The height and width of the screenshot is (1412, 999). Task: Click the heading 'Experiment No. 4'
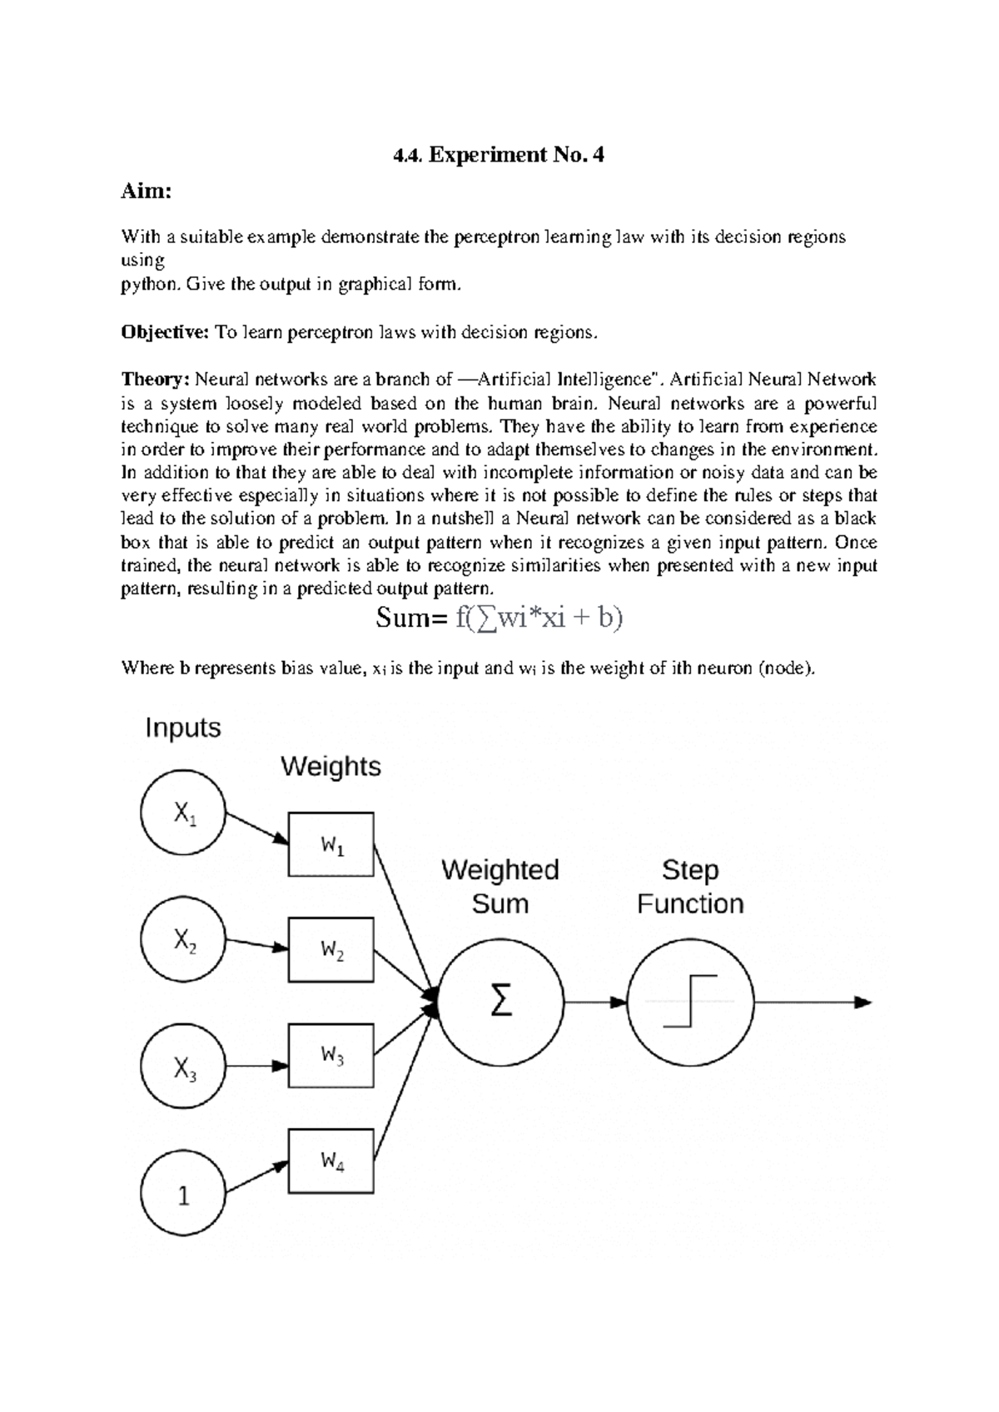[499, 155]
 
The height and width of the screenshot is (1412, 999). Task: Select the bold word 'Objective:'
[165, 333]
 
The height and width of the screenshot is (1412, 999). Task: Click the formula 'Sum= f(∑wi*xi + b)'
[499, 619]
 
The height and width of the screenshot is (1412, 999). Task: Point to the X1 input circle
[183, 813]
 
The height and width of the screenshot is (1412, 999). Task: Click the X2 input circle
[183, 939]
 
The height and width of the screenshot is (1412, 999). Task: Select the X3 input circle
[183, 1066]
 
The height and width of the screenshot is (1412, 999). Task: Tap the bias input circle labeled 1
[183, 1194]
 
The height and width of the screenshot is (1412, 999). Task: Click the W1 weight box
[331, 844]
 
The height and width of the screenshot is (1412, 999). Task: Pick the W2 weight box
[331, 949]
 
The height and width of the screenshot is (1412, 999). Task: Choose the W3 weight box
[331, 1055]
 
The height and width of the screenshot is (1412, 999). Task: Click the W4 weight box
[331, 1160]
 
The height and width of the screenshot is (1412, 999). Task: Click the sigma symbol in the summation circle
[499, 1002]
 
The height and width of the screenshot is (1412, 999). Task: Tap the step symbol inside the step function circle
[690, 1002]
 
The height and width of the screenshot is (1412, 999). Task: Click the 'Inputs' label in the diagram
[183, 728]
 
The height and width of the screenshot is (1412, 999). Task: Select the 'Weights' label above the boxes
[331, 766]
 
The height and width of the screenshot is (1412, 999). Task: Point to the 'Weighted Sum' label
[499, 887]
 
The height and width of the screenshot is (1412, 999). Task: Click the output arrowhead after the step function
[863, 1002]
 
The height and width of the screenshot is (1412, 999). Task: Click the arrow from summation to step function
[595, 1002]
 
